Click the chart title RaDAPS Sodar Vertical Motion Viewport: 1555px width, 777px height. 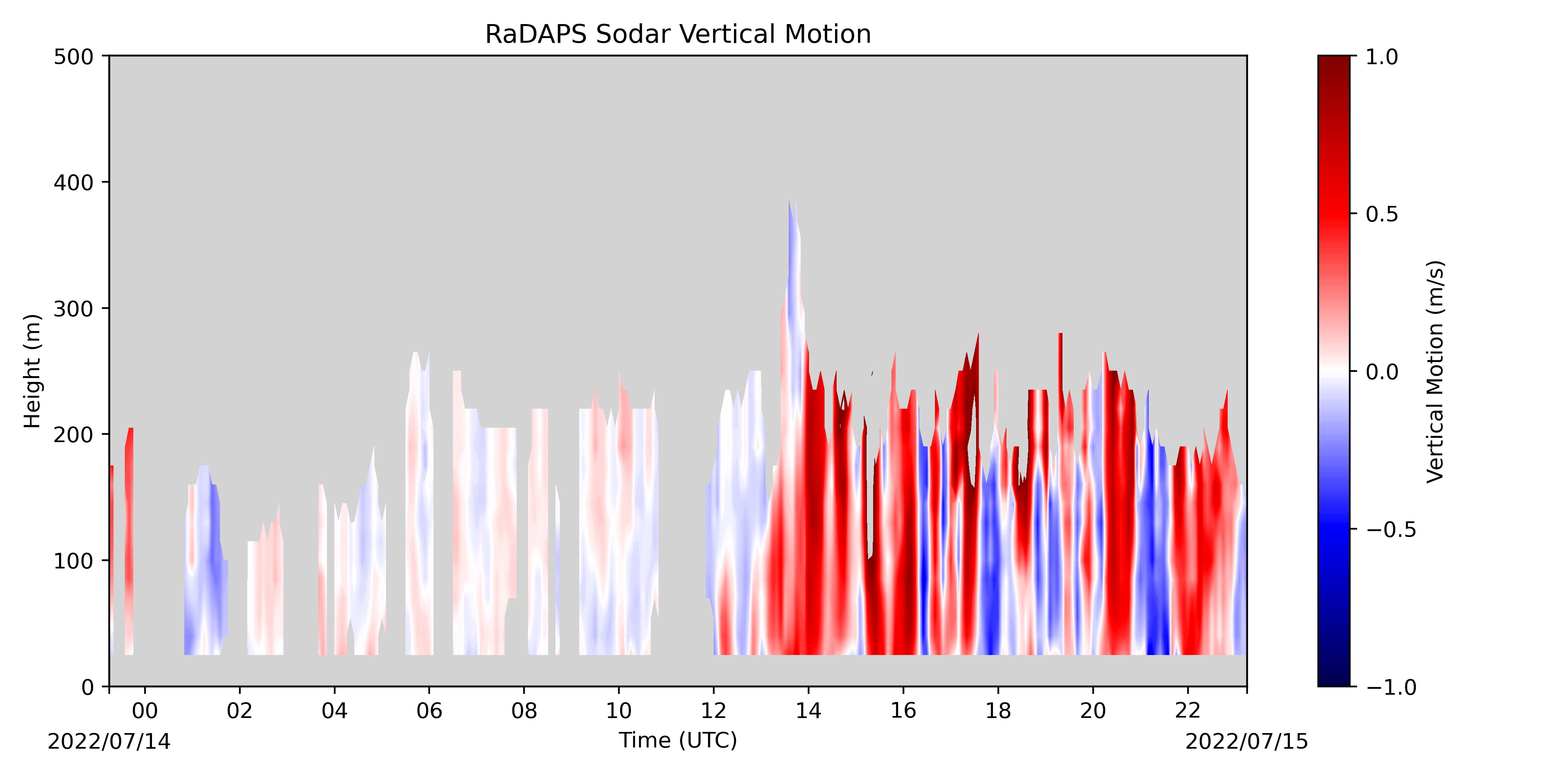(678, 35)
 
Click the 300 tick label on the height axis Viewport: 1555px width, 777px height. (73, 309)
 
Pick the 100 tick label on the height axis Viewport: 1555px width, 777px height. (73, 561)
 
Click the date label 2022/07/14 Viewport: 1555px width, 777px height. (109, 741)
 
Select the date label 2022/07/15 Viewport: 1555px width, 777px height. (1247, 741)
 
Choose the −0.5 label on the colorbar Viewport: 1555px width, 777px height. (1391, 530)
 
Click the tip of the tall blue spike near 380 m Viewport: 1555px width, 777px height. (789, 201)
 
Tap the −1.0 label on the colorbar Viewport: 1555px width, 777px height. (1391, 687)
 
